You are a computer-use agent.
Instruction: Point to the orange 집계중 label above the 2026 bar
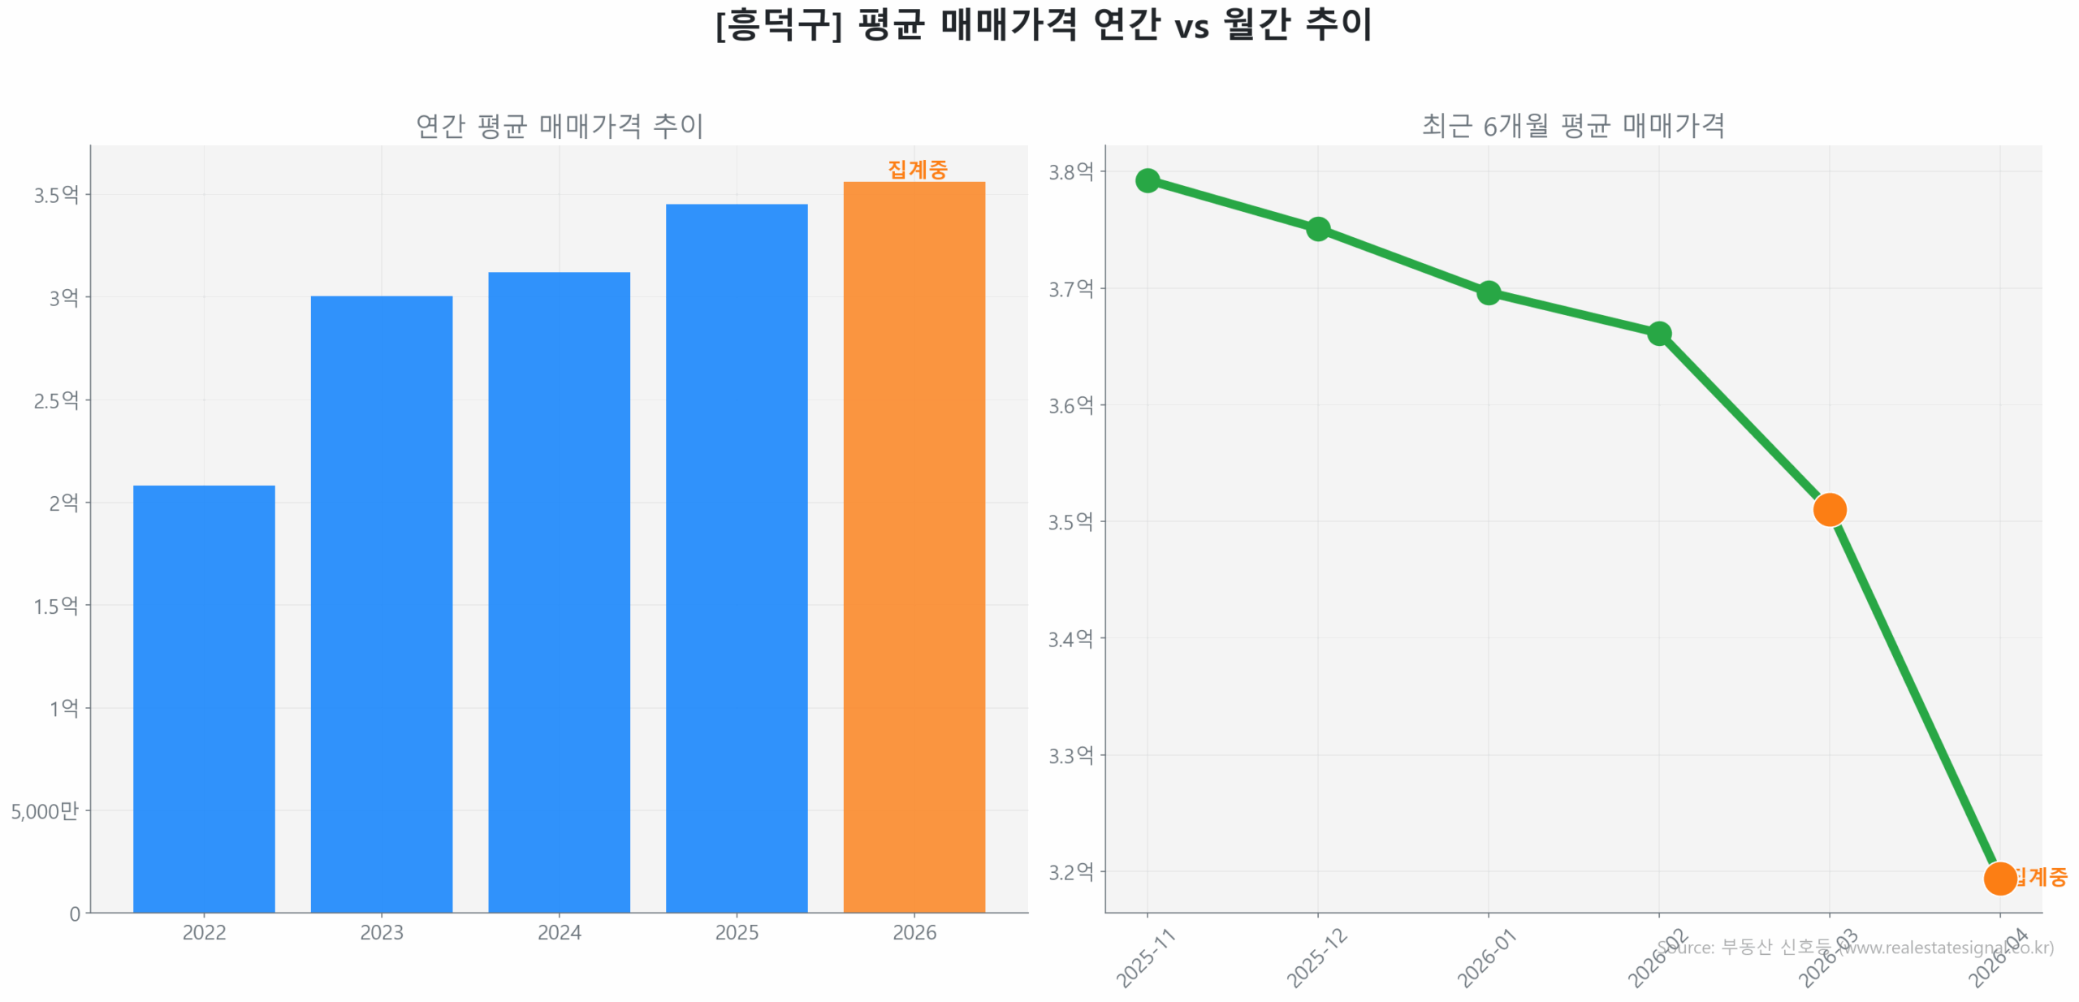(916, 169)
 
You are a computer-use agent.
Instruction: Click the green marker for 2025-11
(1146, 179)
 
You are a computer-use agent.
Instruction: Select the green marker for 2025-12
(1316, 228)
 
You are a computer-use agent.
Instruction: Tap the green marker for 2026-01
(1487, 292)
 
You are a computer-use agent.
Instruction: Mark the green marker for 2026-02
(1658, 333)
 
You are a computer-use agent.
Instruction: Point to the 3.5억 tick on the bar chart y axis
(56, 194)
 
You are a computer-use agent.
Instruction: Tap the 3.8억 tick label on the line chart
(1070, 171)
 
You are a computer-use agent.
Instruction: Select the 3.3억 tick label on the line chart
(1070, 754)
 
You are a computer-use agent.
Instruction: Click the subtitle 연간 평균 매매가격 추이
(559, 125)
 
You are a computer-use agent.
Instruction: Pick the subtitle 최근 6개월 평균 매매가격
(1572, 125)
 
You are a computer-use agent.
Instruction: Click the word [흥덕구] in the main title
(778, 24)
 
